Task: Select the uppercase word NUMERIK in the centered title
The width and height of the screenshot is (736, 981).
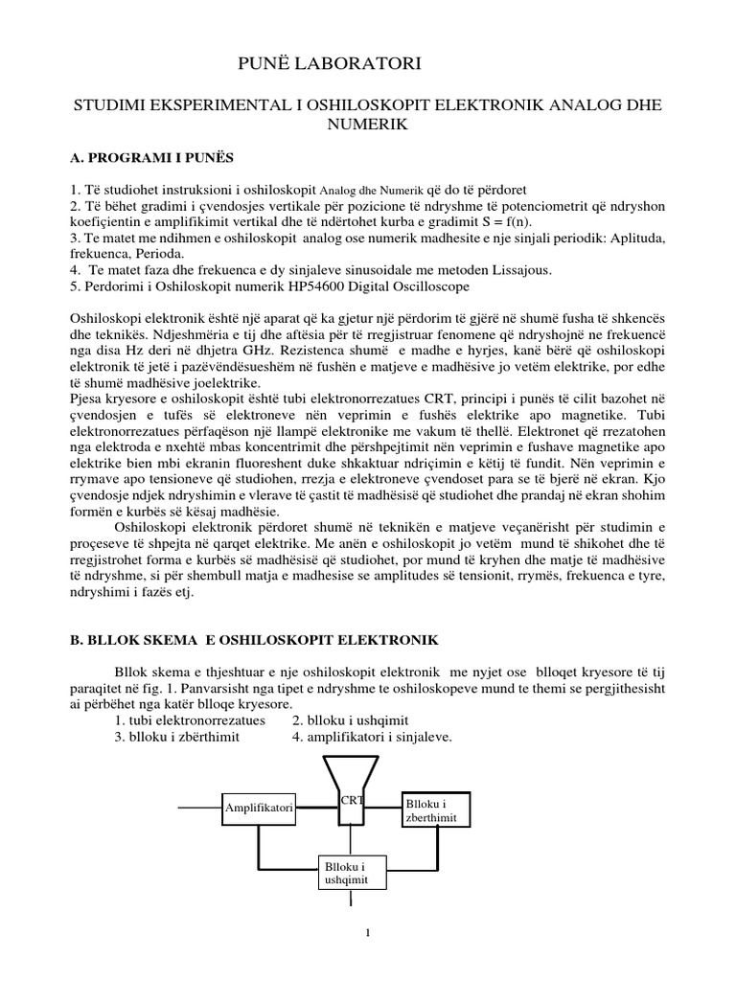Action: pyautogui.click(x=367, y=125)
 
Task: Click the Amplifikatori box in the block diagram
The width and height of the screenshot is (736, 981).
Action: pyautogui.click(x=259, y=808)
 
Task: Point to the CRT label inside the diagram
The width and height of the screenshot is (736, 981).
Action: pyautogui.click(x=351, y=799)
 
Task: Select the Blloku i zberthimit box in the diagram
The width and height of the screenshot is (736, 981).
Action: pyautogui.click(x=437, y=810)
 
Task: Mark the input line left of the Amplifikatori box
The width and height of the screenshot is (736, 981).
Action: pyautogui.click(x=199, y=808)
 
